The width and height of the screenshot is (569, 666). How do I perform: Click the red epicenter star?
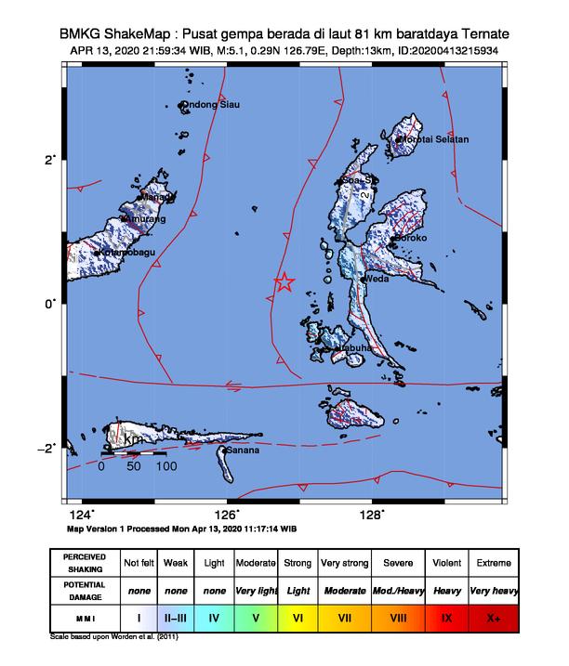(284, 282)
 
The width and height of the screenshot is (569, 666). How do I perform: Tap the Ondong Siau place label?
(212, 105)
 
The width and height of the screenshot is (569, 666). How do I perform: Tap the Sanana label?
(243, 451)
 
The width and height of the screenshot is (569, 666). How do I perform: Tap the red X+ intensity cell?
(492, 615)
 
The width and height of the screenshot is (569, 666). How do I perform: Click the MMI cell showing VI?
(298, 615)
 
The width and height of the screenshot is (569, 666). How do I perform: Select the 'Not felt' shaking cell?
(138, 563)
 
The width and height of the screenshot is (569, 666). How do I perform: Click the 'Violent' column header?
(443, 563)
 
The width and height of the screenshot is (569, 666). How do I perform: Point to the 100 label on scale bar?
(165, 467)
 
